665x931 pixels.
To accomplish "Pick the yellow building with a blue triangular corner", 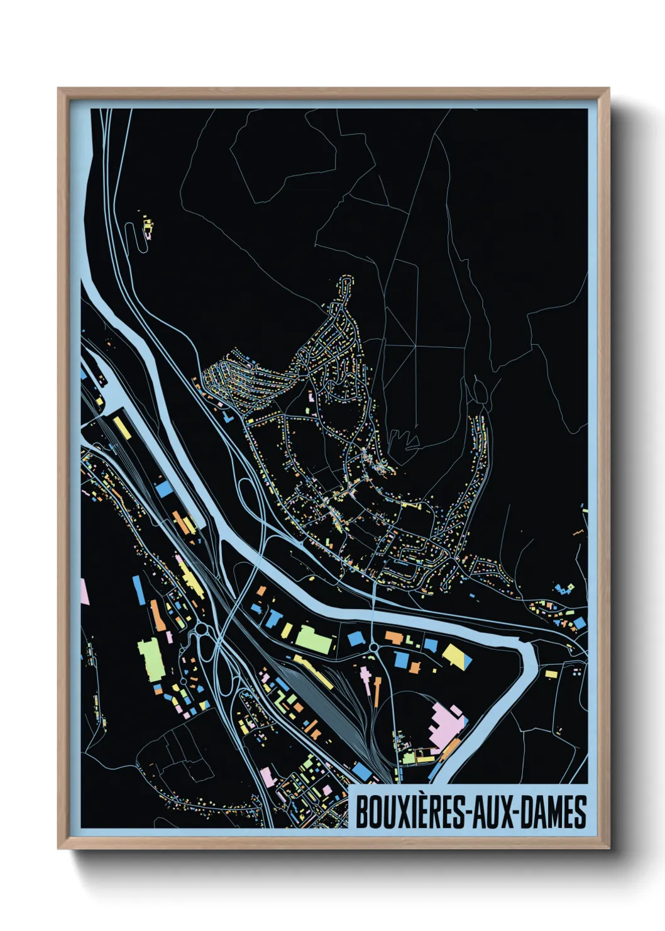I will [x=458, y=656].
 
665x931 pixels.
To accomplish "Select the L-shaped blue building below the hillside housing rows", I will [x=228, y=416].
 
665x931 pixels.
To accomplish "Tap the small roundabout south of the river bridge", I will [x=373, y=647].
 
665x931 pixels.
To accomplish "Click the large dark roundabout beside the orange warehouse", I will [x=202, y=629].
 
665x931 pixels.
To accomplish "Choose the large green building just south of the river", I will [x=314, y=639].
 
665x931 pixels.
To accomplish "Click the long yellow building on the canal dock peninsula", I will [x=121, y=428].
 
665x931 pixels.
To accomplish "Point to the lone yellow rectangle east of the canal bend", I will [x=551, y=674].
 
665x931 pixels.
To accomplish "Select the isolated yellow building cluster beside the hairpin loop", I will [x=148, y=228].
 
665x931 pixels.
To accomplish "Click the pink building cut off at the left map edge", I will [x=84, y=592].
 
